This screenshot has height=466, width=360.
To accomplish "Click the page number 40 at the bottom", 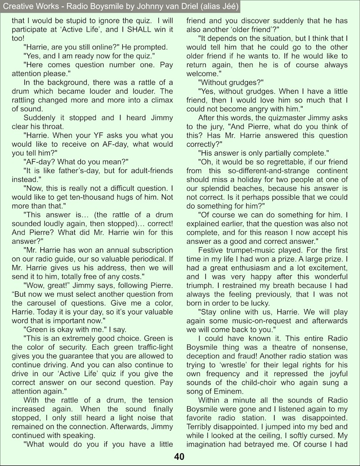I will tap(180, 457).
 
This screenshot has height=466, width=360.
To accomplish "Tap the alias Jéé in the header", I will tap(228, 6).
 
